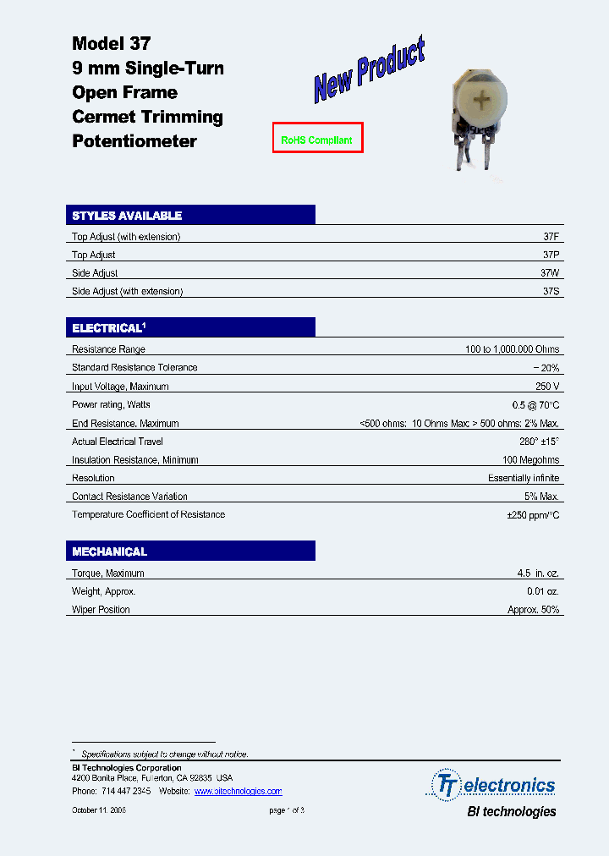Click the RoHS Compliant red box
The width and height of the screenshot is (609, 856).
[317, 140]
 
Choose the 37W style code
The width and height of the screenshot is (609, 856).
[550, 273]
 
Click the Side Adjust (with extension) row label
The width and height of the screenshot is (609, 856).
[127, 291]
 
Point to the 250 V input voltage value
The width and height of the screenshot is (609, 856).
[547, 386]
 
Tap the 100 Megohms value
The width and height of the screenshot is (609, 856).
[530, 460]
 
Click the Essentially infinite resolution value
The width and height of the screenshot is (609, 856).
[524, 478]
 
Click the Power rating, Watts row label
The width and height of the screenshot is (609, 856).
[111, 404]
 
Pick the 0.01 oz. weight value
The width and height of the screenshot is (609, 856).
[542, 591]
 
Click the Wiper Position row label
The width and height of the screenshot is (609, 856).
[101, 610]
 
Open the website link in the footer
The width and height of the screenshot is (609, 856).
[238, 791]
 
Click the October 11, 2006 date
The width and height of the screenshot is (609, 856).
[99, 810]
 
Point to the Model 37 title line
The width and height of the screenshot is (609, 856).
[111, 43]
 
